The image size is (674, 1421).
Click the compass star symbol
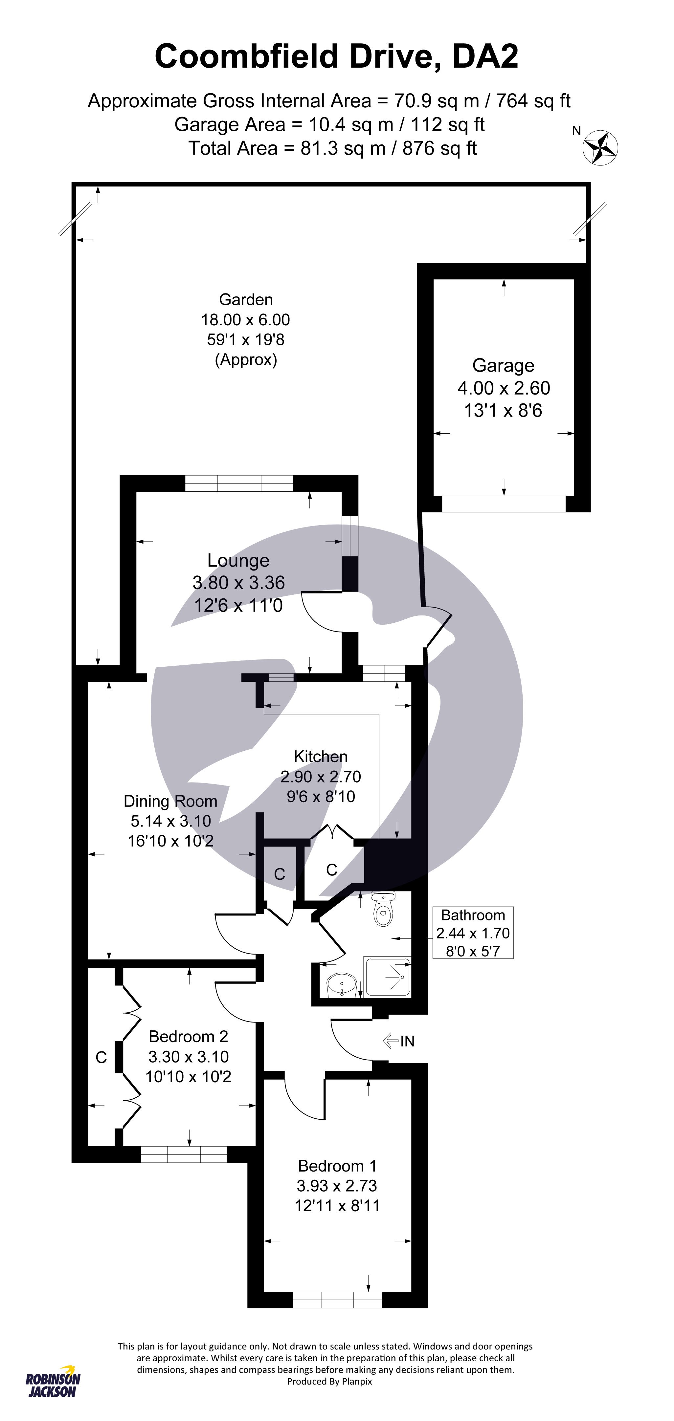click(600, 147)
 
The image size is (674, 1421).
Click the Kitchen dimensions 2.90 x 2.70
click(321, 777)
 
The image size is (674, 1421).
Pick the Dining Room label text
click(170, 801)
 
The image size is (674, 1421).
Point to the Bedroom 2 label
click(188, 1037)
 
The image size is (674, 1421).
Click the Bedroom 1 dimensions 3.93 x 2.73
click(337, 1185)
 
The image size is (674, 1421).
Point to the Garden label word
click(246, 300)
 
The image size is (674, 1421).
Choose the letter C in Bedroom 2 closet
click(101, 1058)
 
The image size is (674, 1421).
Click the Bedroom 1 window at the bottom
click(337, 1300)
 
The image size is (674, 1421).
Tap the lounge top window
click(239, 483)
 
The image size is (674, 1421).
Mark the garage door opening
click(504, 504)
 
